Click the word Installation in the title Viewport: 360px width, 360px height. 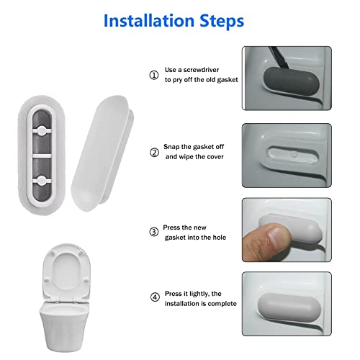(x=151, y=20)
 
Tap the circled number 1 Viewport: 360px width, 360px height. (x=153, y=75)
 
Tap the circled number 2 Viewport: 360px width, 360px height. (x=153, y=152)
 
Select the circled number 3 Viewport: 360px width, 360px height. (x=153, y=232)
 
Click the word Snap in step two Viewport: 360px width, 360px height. (x=176, y=146)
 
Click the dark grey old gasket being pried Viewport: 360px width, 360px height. (x=284, y=83)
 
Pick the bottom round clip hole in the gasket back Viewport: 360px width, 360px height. (x=45, y=175)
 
